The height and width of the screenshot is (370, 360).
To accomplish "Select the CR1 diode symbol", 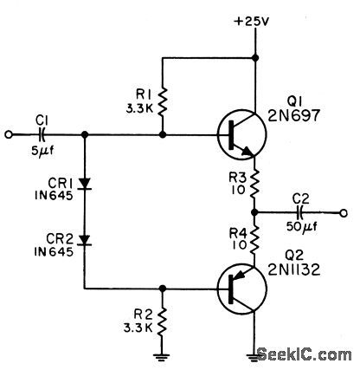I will pyautogui.click(x=84, y=184).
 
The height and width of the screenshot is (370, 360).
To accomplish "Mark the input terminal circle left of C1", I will pyautogui.click(x=10, y=135).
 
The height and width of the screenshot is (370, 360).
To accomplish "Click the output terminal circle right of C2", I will pyautogui.click(x=344, y=212).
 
